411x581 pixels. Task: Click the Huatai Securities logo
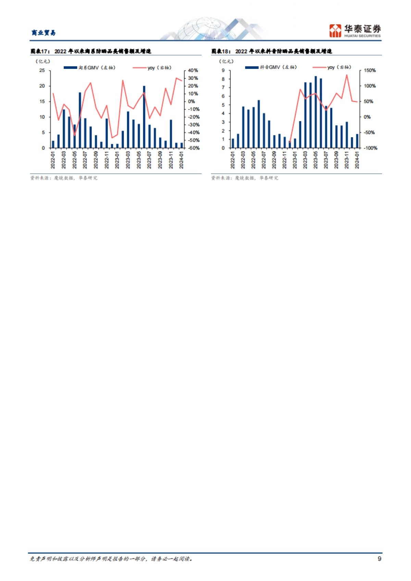tap(355, 31)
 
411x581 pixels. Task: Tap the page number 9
tap(379, 558)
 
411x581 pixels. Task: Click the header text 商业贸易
tap(43, 33)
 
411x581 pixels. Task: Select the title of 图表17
tap(91, 51)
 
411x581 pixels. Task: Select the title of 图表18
tap(272, 51)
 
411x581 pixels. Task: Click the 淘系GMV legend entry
tap(90, 68)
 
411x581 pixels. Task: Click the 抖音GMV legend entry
tap(271, 67)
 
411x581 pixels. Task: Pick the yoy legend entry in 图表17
tap(152, 68)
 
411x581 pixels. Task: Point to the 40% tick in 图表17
tap(193, 70)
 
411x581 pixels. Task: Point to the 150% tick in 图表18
tap(370, 70)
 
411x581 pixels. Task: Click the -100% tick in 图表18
tap(370, 148)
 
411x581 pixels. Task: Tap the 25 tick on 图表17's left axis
tap(42, 70)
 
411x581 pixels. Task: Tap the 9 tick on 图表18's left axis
tap(223, 70)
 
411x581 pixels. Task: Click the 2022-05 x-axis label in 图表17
tap(75, 160)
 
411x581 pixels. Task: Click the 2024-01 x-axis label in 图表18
tap(357, 160)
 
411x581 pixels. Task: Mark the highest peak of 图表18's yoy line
tap(347, 75)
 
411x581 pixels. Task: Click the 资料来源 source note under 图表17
tap(64, 178)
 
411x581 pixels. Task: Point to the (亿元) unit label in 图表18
tap(226, 62)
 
